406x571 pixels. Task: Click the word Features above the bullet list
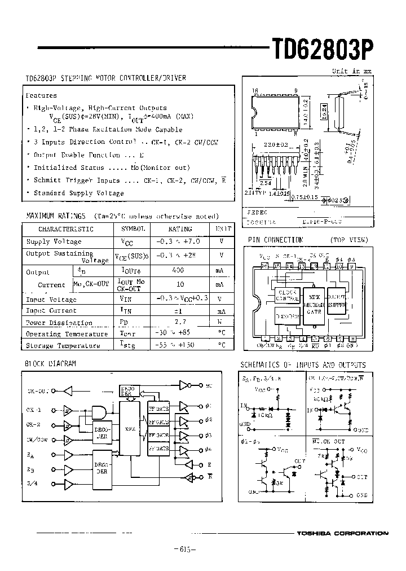[41, 96]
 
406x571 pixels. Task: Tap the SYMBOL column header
[133, 229]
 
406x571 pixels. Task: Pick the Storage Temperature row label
[59, 345]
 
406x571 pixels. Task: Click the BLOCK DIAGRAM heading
[50, 364]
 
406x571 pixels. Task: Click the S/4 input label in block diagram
[32, 484]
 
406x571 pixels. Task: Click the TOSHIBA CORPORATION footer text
[343, 533]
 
